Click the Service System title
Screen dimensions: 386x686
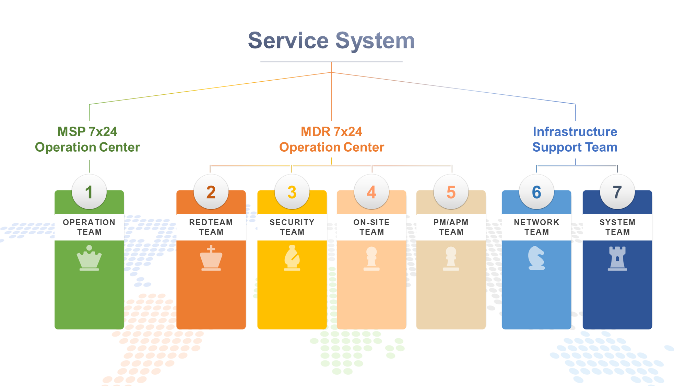click(331, 40)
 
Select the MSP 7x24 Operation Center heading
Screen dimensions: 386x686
click(87, 139)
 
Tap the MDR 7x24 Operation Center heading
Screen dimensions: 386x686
click(331, 139)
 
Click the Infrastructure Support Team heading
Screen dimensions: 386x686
click(575, 139)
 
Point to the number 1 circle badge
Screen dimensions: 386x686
click(89, 192)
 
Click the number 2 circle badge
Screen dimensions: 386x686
click(211, 192)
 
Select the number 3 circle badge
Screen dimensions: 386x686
click(292, 192)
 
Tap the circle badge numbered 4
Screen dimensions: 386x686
click(371, 192)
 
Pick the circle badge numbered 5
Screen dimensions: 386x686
click(451, 192)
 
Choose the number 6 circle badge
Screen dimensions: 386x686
click(536, 192)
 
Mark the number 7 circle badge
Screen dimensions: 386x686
click(617, 192)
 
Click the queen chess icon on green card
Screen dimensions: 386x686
click(89, 258)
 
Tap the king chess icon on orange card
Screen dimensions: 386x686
click(211, 258)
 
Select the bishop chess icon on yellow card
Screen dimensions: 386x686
click(292, 258)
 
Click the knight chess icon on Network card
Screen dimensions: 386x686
click(536, 258)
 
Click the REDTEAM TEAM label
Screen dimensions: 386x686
click(211, 227)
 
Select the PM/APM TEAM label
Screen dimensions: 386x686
click(451, 227)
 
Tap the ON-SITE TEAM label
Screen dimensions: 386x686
click(371, 227)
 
